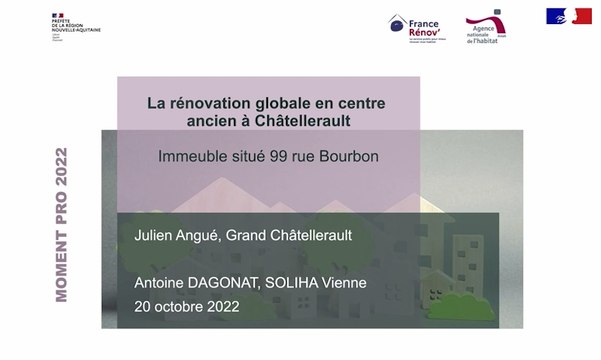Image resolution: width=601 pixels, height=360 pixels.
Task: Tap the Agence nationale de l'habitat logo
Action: tap(490, 29)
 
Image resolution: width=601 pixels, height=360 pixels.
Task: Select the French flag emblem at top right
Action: tap(567, 15)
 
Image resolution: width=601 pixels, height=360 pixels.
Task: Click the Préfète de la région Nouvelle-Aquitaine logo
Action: tap(75, 23)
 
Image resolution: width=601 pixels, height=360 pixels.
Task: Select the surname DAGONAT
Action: tap(234, 284)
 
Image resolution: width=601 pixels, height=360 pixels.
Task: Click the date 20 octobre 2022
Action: tap(186, 307)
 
